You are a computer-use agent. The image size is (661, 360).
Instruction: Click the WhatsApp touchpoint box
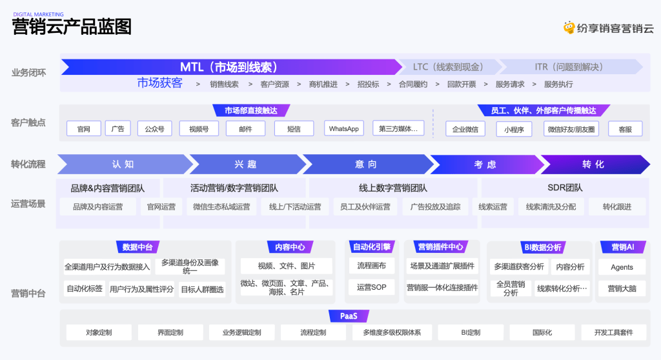coord(343,128)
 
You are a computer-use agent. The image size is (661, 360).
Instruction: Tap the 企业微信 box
coord(465,129)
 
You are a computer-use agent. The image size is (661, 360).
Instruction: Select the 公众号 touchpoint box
coord(155,128)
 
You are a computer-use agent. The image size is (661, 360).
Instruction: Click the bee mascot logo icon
coord(569,28)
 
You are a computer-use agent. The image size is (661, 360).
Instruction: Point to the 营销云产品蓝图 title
coord(72,27)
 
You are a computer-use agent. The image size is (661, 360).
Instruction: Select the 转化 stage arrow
coord(595,165)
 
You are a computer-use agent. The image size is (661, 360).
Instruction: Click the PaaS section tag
coord(349,315)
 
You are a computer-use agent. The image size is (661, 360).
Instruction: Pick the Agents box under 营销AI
coord(622,267)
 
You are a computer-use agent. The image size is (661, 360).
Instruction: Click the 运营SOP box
coord(371,287)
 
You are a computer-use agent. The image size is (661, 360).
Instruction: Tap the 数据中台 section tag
coord(137,247)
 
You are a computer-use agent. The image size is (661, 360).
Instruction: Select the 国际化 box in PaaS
coord(542,332)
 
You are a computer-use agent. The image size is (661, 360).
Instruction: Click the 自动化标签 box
coord(85,289)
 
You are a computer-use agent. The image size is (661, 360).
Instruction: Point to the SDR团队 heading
coord(565,188)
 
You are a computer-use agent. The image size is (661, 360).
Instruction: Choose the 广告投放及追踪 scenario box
coord(436,206)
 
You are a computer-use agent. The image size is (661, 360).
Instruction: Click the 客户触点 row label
coord(28,123)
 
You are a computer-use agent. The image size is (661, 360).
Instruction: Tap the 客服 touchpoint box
coord(625,129)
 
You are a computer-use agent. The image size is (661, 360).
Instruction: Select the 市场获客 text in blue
coord(160,83)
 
